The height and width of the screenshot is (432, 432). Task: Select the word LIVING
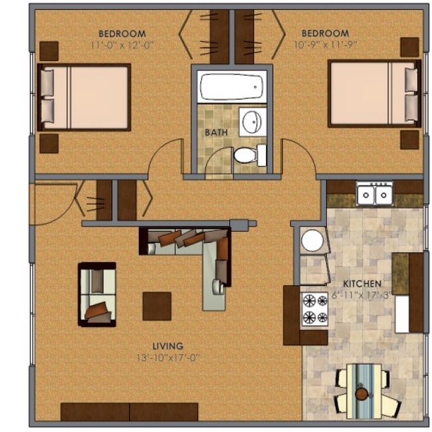[x=167, y=346]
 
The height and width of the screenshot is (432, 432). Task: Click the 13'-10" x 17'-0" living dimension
[x=167, y=358]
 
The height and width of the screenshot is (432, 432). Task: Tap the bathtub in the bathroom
[x=231, y=87]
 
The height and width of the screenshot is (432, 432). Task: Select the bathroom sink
[x=252, y=122]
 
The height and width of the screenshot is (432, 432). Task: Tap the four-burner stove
[x=315, y=308]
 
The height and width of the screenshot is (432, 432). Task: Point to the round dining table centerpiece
[x=361, y=393]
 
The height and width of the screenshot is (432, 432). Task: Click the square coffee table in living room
[x=157, y=306]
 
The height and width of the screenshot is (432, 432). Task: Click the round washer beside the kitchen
[x=312, y=241]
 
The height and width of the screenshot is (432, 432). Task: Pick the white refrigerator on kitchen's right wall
[x=402, y=314]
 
